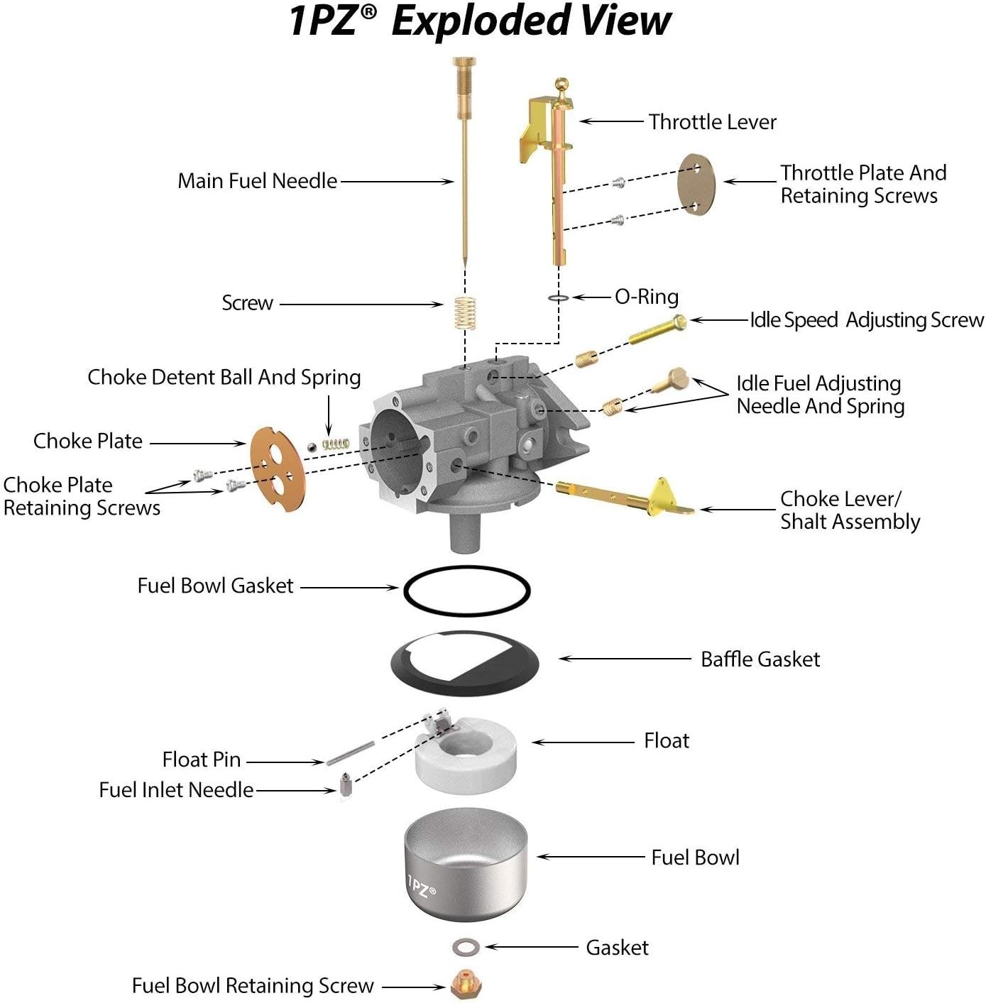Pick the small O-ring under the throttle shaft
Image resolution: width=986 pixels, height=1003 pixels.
pyautogui.click(x=559, y=297)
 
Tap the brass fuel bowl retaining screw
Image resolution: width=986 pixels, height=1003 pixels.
pyautogui.click(x=466, y=985)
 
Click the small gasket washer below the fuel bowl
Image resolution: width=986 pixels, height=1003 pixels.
pyautogui.click(x=466, y=947)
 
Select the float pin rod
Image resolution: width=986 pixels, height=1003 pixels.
pyautogui.click(x=350, y=753)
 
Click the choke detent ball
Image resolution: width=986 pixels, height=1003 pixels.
pyautogui.click(x=312, y=446)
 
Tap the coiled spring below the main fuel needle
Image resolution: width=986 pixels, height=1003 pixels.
pyautogui.click(x=464, y=312)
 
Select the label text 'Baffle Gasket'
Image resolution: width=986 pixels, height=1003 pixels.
pyautogui.click(x=760, y=659)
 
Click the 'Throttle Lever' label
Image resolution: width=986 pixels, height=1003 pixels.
pyautogui.click(x=712, y=122)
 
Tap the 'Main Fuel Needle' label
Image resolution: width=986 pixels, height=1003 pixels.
pyautogui.click(x=257, y=181)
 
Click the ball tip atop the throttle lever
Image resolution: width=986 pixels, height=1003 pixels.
pyautogui.click(x=562, y=83)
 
